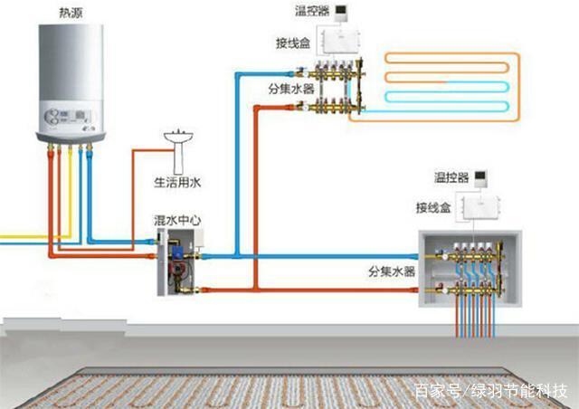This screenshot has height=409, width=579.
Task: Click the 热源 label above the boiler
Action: pyautogui.click(x=71, y=13)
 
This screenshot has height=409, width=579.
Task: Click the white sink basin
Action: pyautogui.click(x=178, y=137)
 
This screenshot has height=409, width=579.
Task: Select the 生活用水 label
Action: pyautogui.click(x=177, y=182)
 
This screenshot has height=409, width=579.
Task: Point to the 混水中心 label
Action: pyautogui.click(x=177, y=221)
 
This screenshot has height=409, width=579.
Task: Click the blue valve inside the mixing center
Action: pyautogui.click(x=178, y=252)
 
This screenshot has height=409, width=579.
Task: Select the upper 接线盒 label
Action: pyautogui.click(x=293, y=43)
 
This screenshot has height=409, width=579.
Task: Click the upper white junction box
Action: pyautogui.click(x=341, y=42)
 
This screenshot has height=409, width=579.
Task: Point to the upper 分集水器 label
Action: pyautogui.click(x=291, y=89)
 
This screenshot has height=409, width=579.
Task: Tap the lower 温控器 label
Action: pyautogui.click(x=451, y=177)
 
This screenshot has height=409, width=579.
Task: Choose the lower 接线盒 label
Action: pyautogui.click(x=433, y=207)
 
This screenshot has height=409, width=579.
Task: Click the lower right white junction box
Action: pyautogui.click(x=480, y=207)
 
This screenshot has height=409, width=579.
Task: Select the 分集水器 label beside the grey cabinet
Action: pyautogui.click(x=392, y=272)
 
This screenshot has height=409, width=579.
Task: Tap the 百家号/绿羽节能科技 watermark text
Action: pyautogui.click(x=491, y=391)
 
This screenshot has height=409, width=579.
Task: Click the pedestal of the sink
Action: pyautogui.click(x=178, y=159)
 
